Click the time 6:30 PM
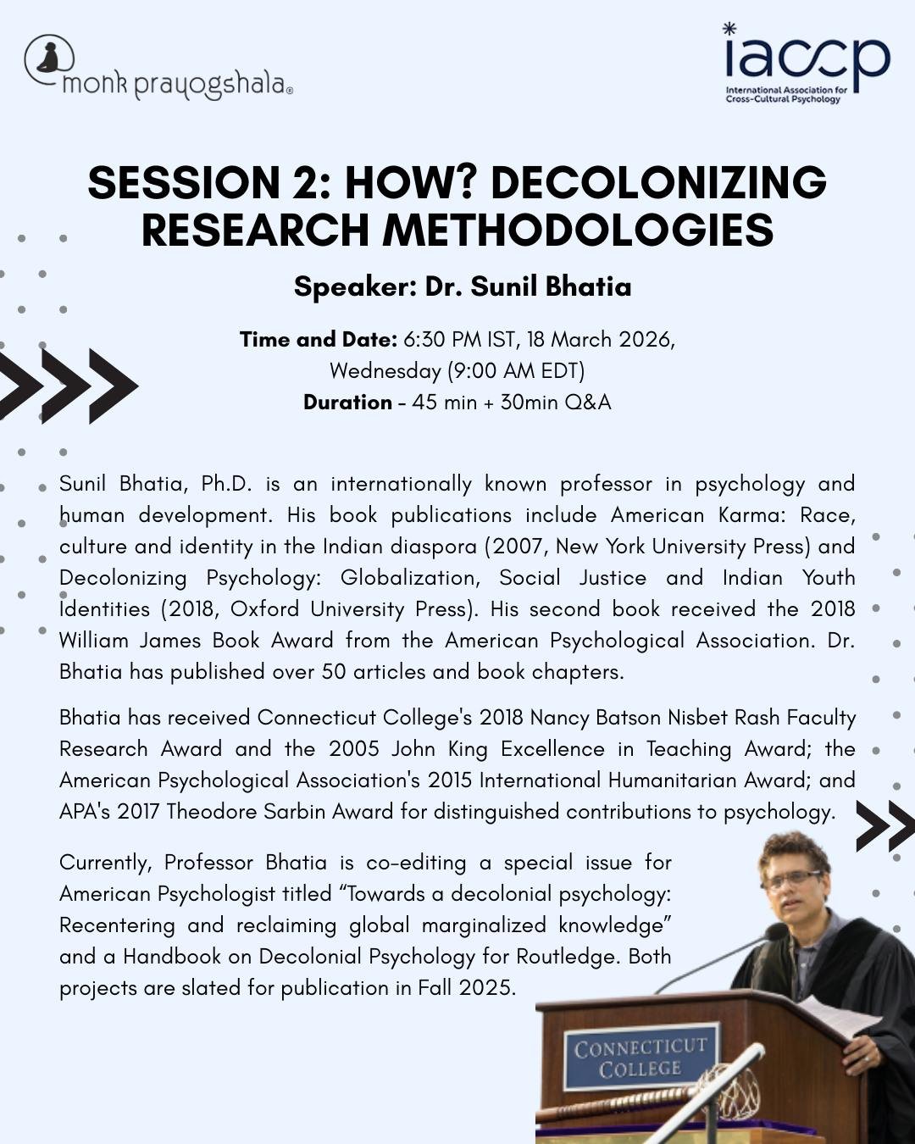click(x=442, y=340)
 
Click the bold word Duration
click(x=347, y=403)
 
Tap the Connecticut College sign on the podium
click(x=640, y=1058)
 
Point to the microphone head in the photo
click(x=776, y=933)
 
